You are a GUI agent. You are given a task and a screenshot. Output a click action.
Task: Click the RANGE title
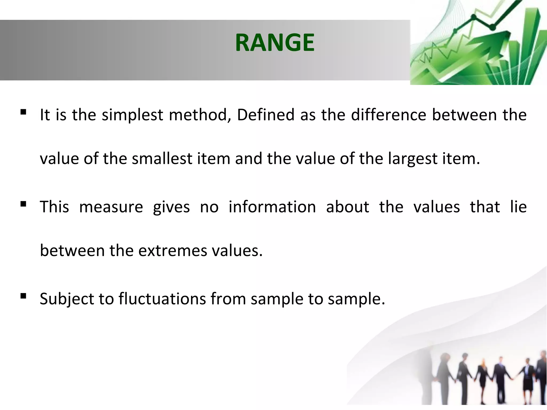[275, 43]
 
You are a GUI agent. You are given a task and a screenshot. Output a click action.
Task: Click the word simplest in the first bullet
[132, 115]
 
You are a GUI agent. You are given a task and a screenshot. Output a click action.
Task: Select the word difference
[389, 115]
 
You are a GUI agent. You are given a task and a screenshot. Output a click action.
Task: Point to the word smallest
[162, 159]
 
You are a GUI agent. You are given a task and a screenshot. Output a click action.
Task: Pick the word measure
[111, 207]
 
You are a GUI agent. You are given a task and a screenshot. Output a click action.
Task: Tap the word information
[272, 207]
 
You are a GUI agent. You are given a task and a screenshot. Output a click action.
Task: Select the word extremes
[173, 251]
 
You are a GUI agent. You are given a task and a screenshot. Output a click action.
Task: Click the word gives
[171, 208]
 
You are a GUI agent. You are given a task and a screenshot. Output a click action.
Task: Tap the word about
[347, 207]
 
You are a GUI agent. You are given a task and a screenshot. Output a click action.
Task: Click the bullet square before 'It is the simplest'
[23, 112]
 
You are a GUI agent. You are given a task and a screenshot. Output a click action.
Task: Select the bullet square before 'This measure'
[23, 204]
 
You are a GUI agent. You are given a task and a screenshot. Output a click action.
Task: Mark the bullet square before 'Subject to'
[23, 296]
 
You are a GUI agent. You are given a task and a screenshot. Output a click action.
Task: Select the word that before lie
[485, 207]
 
